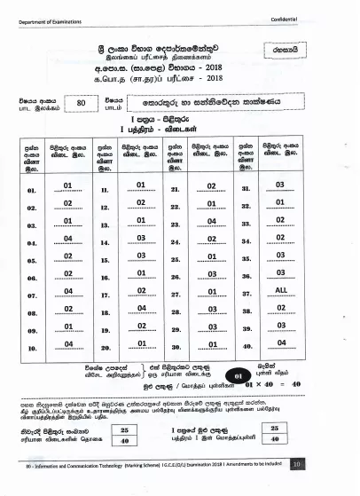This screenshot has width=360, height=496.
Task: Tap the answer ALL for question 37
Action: tap(281, 289)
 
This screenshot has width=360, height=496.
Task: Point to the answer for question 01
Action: tap(68, 185)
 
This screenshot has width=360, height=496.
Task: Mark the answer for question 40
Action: tap(281, 342)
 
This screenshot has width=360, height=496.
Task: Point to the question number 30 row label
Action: tap(175, 348)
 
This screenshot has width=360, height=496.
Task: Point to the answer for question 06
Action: tap(68, 273)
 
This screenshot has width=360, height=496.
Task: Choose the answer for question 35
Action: tap(281, 256)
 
